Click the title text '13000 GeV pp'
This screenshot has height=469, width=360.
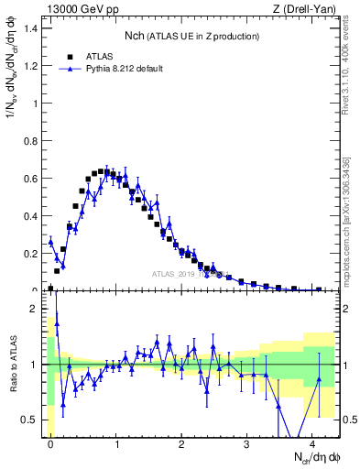[x=78, y=10]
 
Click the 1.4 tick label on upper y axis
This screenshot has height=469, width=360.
[x=31, y=27]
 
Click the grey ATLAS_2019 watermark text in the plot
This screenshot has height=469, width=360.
[x=188, y=273]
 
